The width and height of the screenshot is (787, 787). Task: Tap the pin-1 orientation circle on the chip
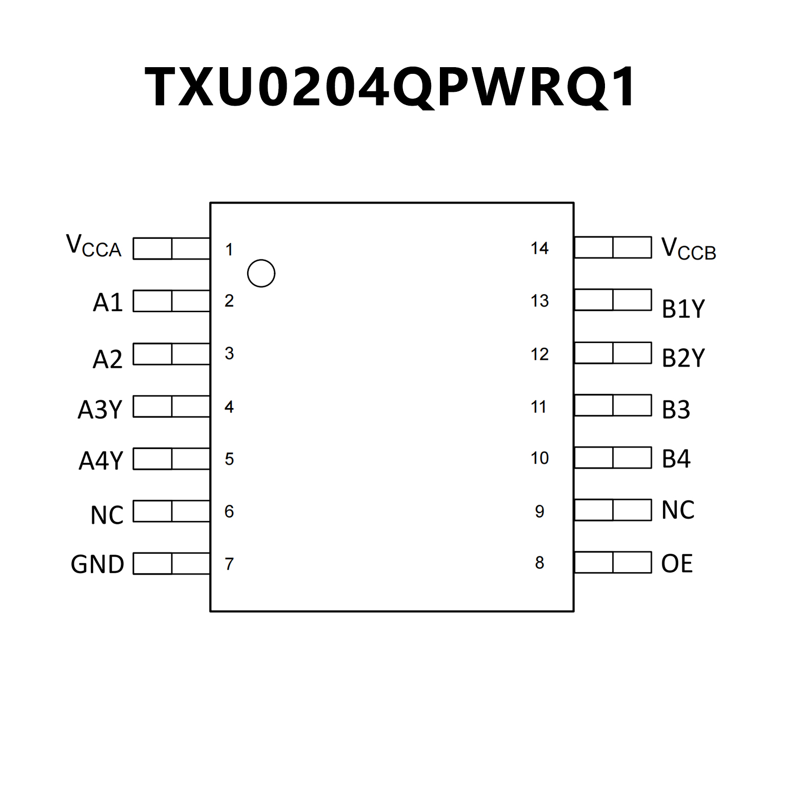[261, 273]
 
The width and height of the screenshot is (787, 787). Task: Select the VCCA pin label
[94, 246]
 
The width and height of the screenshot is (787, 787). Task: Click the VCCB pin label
[688, 249]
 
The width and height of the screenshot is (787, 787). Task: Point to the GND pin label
[97, 564]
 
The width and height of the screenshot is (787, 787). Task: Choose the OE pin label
[677, 563]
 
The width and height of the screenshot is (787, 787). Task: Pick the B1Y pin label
[683, 309]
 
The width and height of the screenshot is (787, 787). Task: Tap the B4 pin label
[676, 459]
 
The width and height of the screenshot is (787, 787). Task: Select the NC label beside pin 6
[107, 515]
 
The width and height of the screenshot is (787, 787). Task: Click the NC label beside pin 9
[678, 510]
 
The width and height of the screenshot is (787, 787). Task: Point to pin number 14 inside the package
[539, 249]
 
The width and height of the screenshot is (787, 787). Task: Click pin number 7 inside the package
[229, 564]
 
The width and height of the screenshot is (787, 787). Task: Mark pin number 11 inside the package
[538, 407]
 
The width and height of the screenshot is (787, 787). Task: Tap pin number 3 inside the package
[229, 353]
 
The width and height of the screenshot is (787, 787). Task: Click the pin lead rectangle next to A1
[171, 301]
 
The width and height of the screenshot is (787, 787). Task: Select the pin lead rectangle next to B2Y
[613, 353]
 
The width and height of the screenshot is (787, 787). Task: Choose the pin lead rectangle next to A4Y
[171, 459]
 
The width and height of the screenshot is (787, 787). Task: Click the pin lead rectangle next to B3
[613, 405]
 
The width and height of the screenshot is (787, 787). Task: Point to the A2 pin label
[107, 359]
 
